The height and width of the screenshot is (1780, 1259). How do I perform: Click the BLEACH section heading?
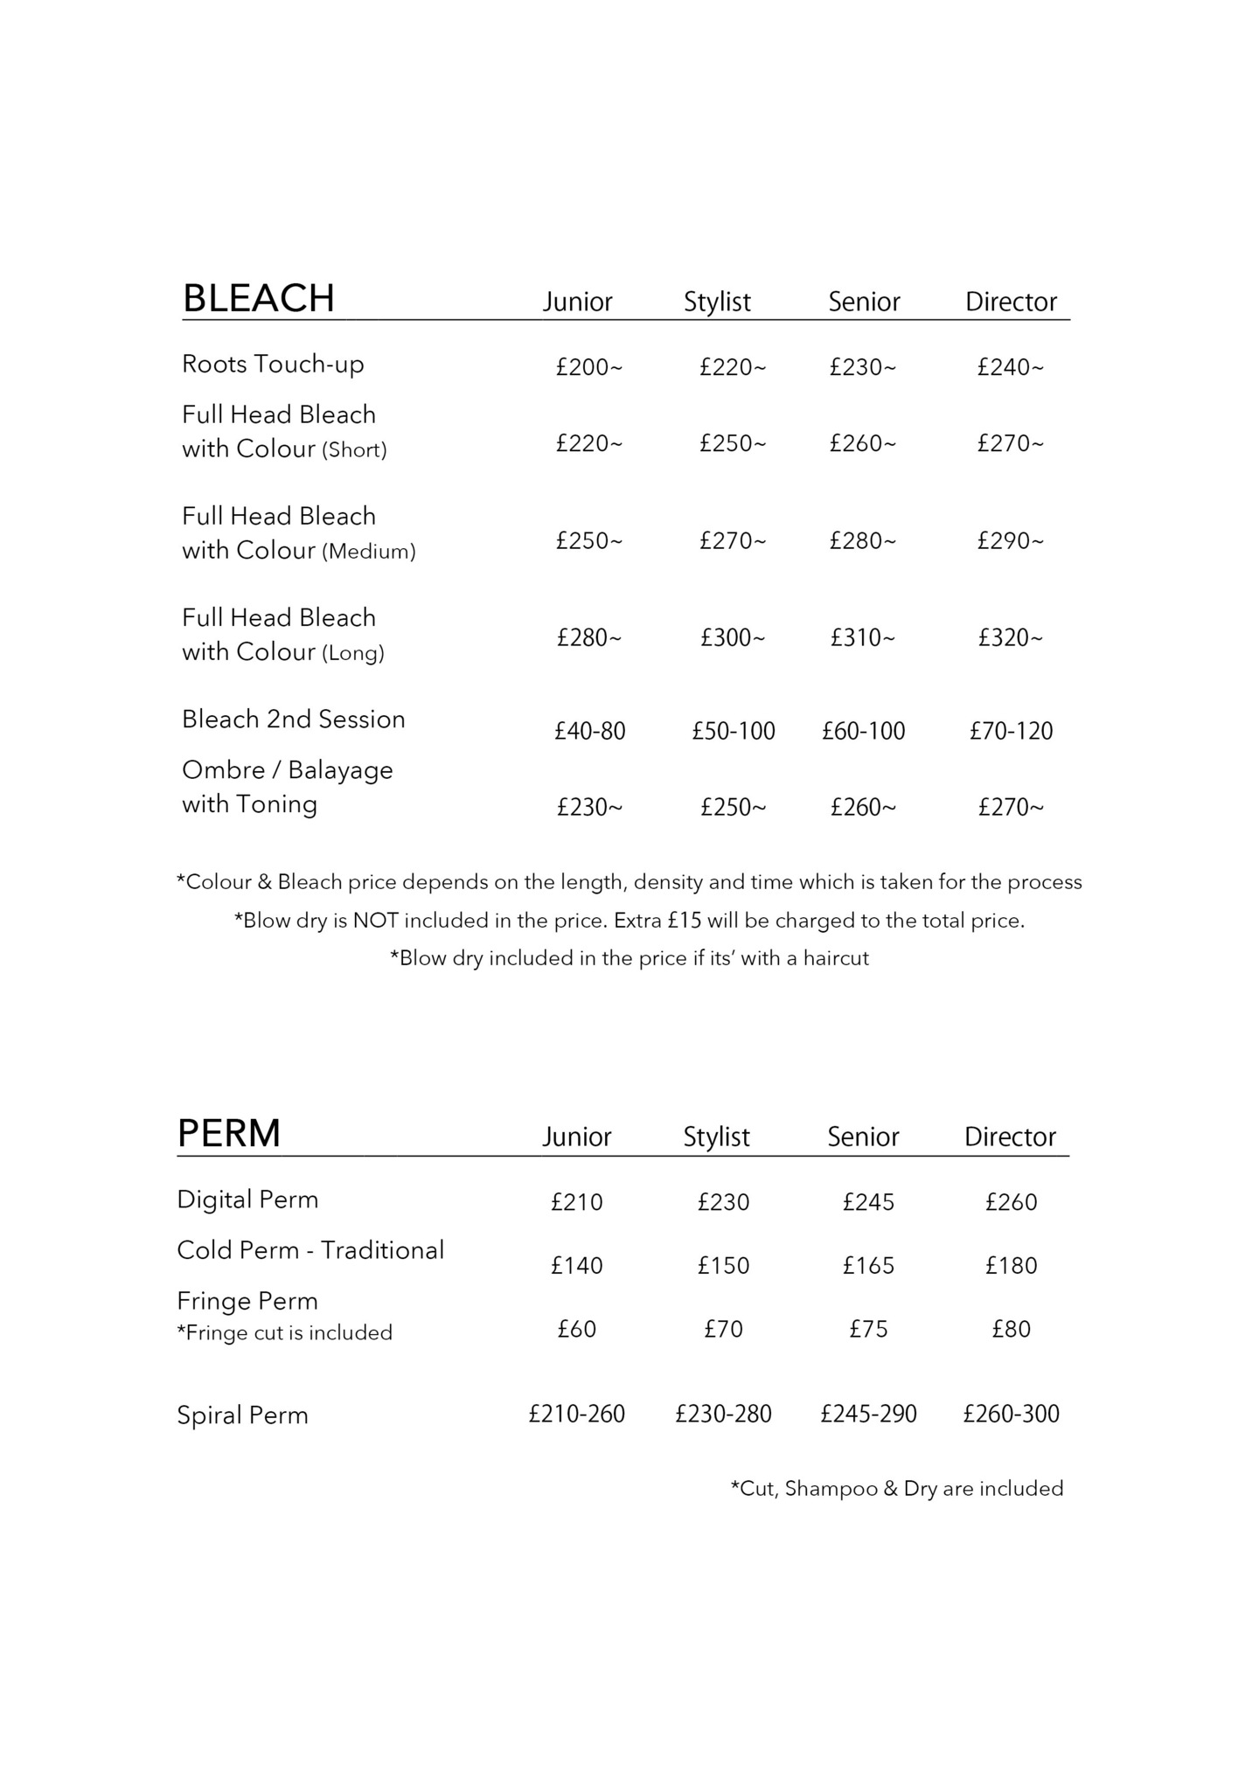(258, 298)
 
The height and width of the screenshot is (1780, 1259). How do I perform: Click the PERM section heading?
(228, 1133)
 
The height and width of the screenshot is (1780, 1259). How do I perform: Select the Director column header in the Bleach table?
(1011, 302)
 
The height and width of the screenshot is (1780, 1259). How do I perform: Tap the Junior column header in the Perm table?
(576, 1137)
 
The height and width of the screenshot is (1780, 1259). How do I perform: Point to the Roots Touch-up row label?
(273, 364)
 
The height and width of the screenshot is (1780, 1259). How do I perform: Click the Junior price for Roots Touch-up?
(588, 367)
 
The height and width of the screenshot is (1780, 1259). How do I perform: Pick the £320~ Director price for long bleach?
(1010, 637)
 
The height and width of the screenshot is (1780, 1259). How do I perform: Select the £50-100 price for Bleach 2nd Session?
(733, 731)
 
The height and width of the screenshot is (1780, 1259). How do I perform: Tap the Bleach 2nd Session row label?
(293, 720)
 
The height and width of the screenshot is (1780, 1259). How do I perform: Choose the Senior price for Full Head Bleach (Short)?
(862, 443)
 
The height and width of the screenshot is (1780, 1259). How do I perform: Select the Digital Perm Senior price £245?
(868, 1202)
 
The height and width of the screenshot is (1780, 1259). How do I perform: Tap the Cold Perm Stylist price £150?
(723, 1266)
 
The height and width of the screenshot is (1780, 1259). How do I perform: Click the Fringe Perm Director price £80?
(1011, 1329)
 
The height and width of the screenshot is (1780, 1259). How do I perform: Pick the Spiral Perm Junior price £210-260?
(576, 1414)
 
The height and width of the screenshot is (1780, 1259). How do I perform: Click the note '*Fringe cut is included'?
(284, 1332)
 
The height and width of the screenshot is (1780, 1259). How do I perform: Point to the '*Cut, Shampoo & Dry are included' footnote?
(896, 1489)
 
